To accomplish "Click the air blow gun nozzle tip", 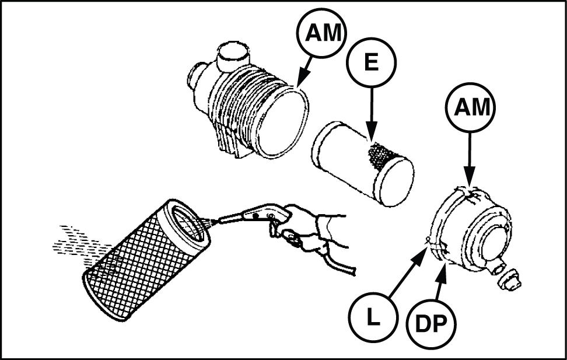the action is (215, 221).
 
